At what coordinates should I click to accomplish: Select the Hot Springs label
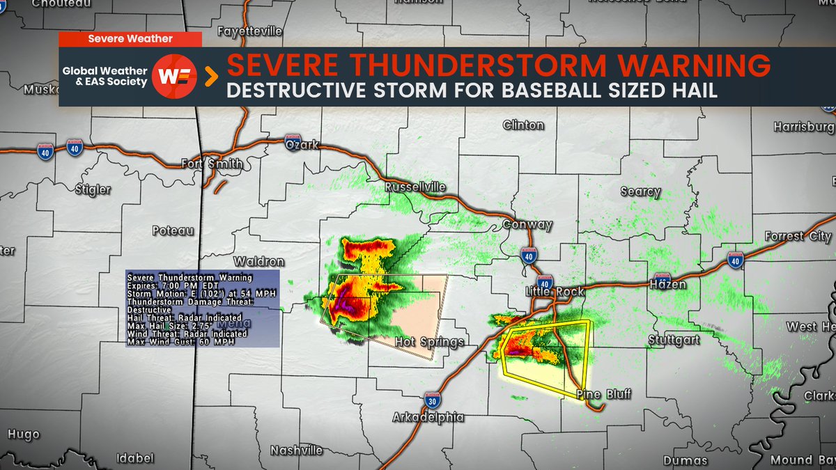point(429,342)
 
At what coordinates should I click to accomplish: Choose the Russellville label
point(415,187)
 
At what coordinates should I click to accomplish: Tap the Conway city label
point(527,225)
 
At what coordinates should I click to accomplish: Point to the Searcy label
point(640,191)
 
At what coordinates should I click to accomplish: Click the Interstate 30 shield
point(431,399)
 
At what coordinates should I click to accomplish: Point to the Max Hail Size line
point(167,324)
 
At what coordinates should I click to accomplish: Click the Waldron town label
point(258,262)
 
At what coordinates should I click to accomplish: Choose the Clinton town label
point(523,125)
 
